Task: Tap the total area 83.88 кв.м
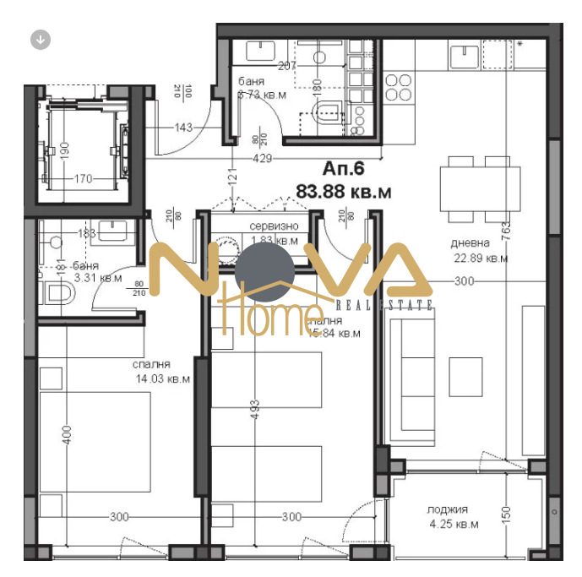pos(344,192)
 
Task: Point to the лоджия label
pos(447,509)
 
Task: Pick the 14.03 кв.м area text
pos(161,379)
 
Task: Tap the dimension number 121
pos(230,179)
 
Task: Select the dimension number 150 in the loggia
pos(506,514)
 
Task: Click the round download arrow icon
pos(40,39)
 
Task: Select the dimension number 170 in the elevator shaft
pos(83,178)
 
